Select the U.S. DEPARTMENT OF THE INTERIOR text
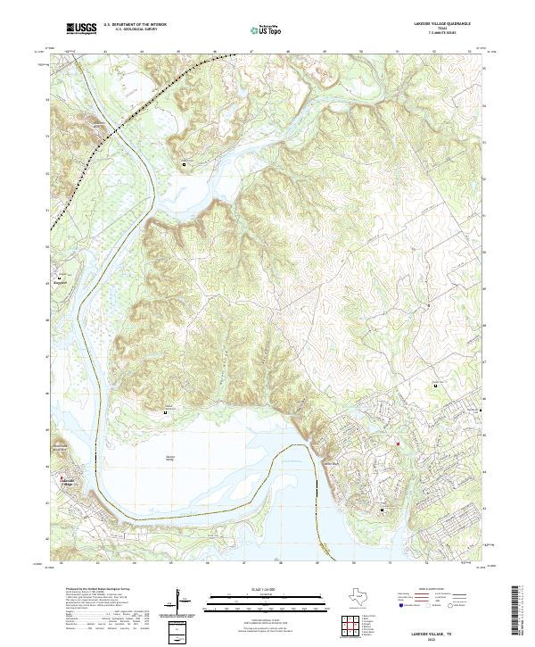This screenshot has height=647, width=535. [x=136, y=25]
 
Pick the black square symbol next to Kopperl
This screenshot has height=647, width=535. [x=60, y=278]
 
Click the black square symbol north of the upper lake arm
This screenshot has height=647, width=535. [x=185, y=165]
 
